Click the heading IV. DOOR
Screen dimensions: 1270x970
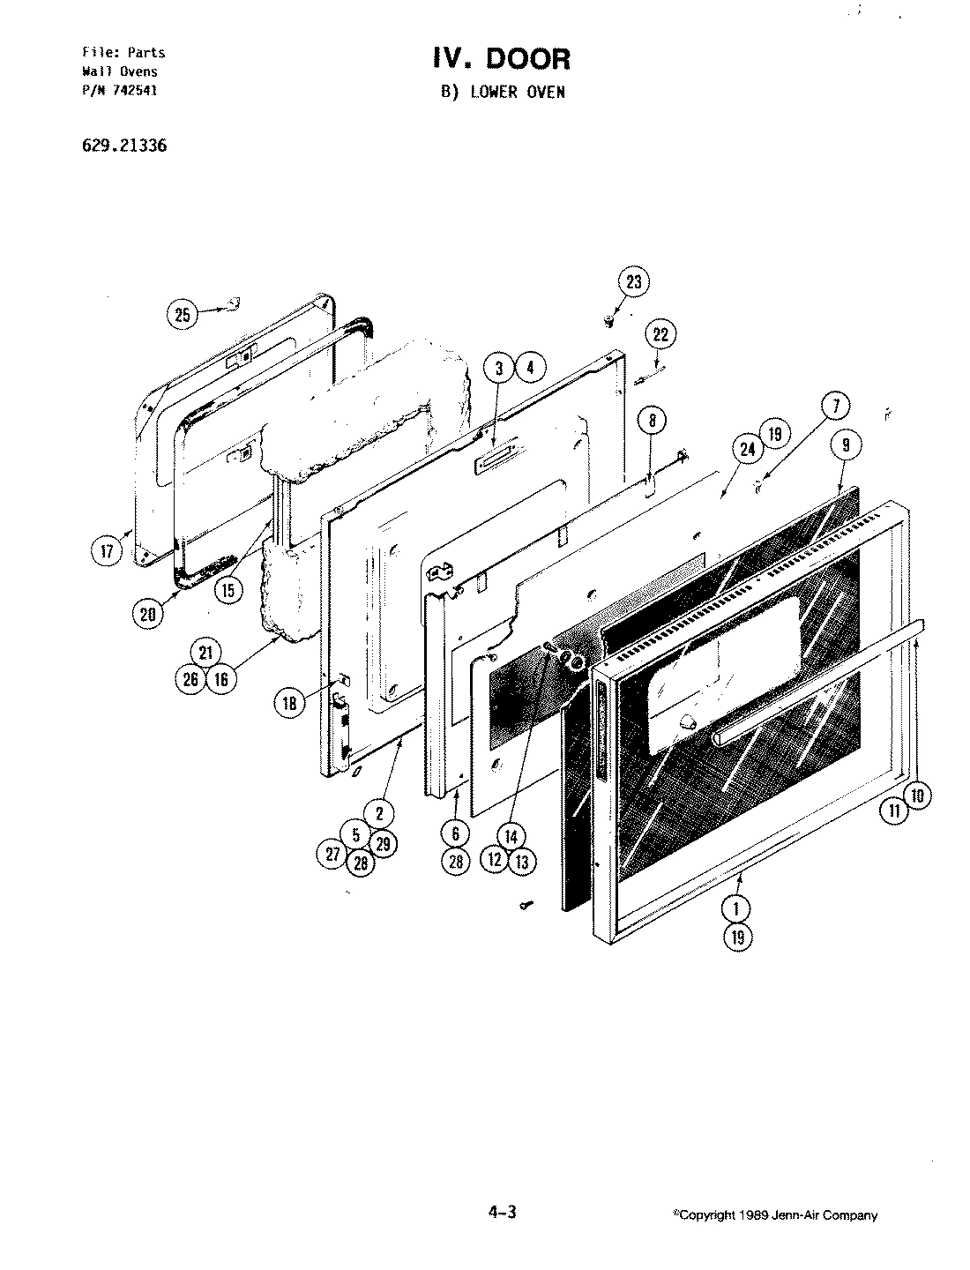[x=501, y=59]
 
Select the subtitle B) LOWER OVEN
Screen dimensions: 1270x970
[x=503, y=92]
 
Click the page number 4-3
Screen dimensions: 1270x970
[x=501, y=1213]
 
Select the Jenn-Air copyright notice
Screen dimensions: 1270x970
[x=775, y=1215]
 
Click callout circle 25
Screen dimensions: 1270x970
[x=183, y=315]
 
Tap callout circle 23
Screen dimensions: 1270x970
[x=634, y=282]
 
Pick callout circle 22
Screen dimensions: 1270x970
[x=661, y=334]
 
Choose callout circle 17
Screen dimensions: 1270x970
[x=106, y=552]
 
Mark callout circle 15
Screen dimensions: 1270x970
[x=228, y=589]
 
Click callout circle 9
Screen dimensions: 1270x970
[x=845, y=445]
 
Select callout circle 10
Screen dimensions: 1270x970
[x=917, y=796]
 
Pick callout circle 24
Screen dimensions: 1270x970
[x=748, y=449]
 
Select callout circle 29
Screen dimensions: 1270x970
[x=382, y=844]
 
